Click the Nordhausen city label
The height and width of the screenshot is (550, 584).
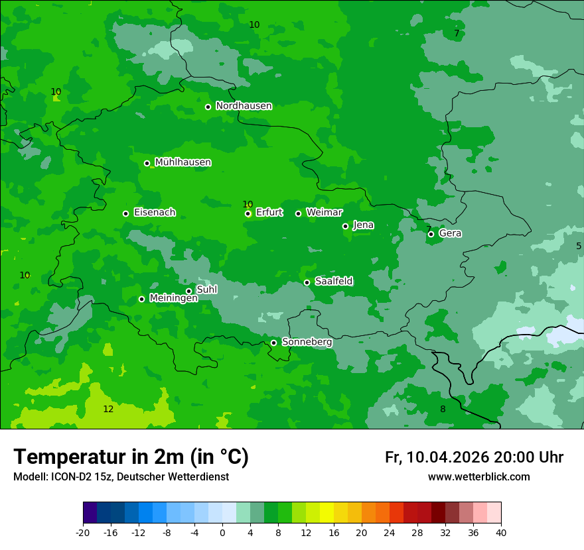[x=244, y=106]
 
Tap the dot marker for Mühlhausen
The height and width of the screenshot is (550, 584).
[x=147, y=163]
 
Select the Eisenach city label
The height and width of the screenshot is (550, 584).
[x=155, y=213]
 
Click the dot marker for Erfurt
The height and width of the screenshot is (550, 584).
[x=248, y=213]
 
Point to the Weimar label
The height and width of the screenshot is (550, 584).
[x=324, y=213]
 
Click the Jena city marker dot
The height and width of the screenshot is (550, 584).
[x=345, y=226]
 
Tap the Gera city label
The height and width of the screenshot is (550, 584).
[x=450, y=233]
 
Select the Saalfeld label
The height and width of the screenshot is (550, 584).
[x=334, y=282]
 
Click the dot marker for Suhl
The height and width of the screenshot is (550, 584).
[x=188, y=291]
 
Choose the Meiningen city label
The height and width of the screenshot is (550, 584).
[x=173, y=299]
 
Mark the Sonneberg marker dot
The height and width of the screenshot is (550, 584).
[x=273, y=343]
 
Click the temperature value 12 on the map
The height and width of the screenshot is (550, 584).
[x=108, y=409]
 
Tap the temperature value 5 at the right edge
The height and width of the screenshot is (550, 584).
[x=578, y=246]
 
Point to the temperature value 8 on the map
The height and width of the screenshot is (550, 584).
[x=443, y=409]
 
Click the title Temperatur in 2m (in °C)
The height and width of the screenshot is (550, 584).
[x=131, y=457]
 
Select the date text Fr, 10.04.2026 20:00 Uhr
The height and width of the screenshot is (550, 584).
[x=474, y=457]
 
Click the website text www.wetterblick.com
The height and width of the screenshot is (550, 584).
[x=478, y=477]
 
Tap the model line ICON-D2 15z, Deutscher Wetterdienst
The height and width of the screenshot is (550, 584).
[x=121, y=477]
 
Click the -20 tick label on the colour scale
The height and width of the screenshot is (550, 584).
[x=83, y=532]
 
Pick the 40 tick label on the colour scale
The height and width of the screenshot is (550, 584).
[x=500, y=532]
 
